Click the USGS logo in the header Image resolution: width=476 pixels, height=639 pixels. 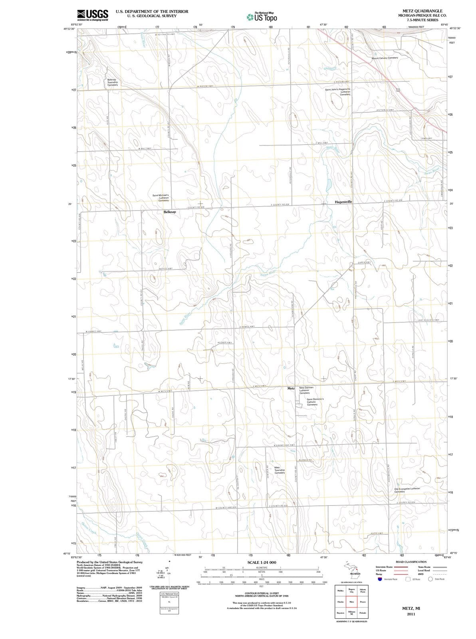[92, 14]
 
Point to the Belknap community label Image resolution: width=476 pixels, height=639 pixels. [170, 212]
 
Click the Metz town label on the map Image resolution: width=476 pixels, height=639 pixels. [291, 388]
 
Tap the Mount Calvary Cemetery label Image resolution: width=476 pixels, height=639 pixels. [385, 58]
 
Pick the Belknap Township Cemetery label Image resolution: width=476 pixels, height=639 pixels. [112, 82]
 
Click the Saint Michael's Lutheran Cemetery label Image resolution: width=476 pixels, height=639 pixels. [161, 198]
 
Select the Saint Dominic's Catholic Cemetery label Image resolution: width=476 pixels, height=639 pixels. [317, 402]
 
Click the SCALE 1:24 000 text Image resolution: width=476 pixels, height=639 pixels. [262, 563]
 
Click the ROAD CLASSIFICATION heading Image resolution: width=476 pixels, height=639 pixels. [411, 562]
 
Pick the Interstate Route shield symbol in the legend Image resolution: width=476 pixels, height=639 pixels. [380, 579]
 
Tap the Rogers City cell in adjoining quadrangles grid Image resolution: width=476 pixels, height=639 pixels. [352, 590]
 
